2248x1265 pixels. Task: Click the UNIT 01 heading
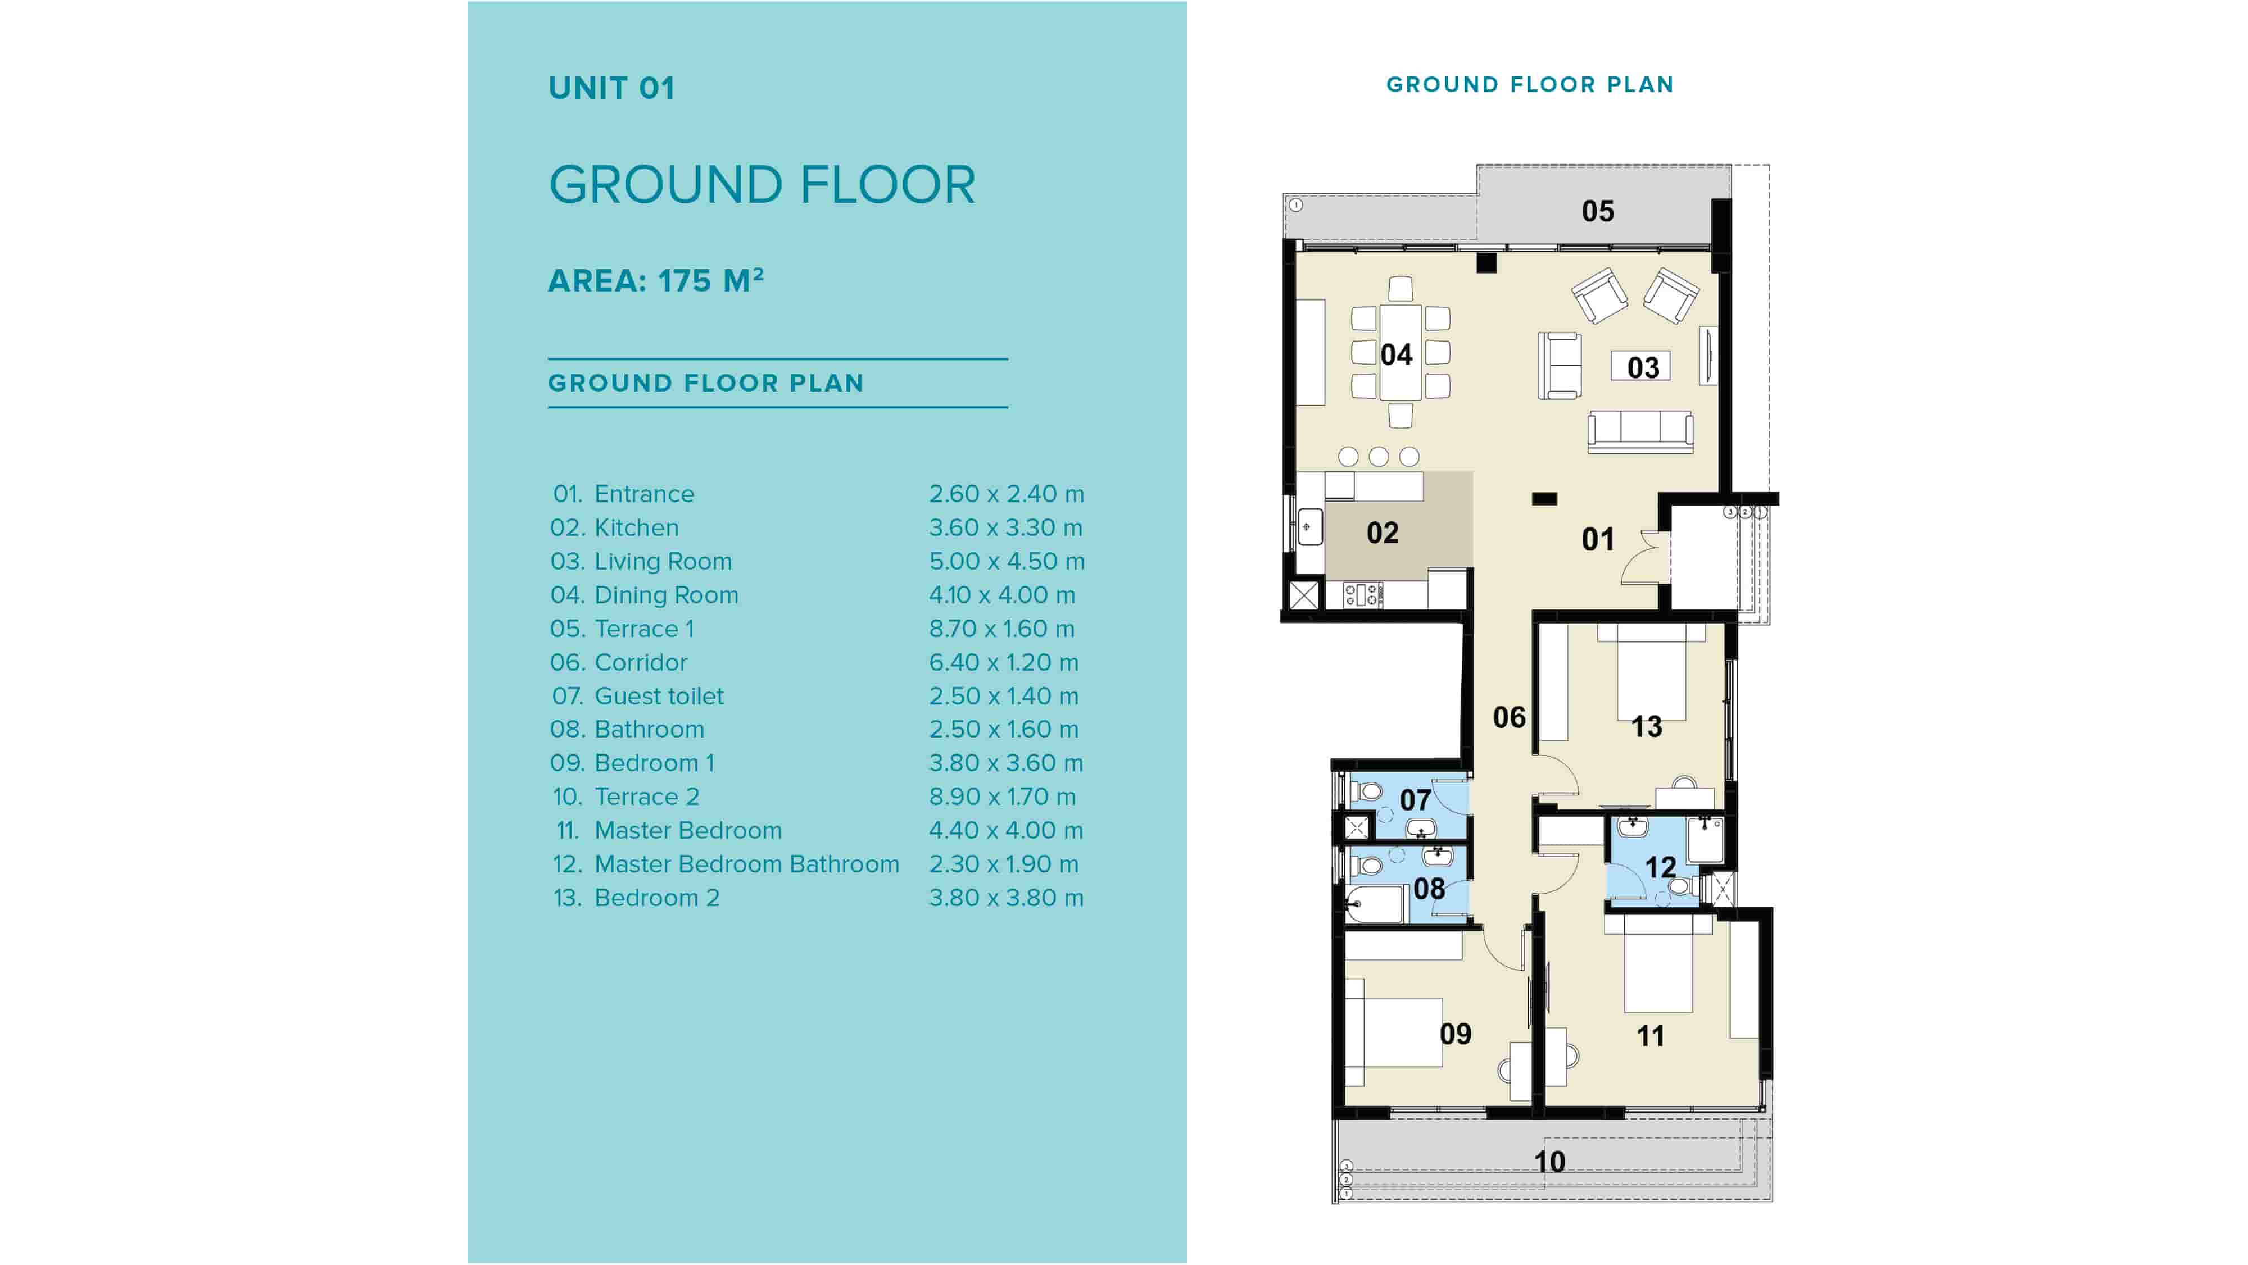[611, 88]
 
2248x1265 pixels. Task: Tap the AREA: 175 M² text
[655, 280]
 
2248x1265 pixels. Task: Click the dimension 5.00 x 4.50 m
[1005, 561]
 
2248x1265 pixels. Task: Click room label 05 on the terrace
[1597, 211]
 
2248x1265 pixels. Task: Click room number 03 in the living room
[1642, 367]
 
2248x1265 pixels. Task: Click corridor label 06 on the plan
[1509, 717]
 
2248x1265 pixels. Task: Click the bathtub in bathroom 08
[1374, 904]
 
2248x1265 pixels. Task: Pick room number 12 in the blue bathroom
[1660, 867]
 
